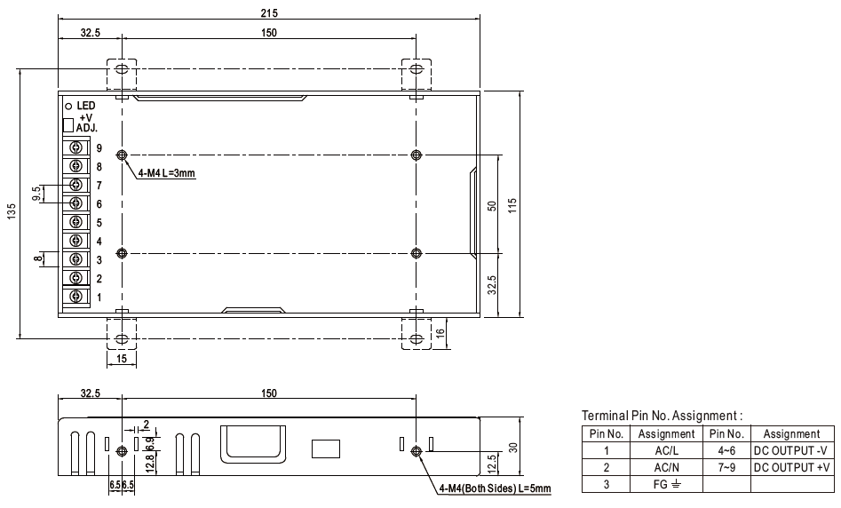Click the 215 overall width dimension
[x=269, y=12]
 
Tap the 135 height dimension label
[x=12, y=211]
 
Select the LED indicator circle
[x=68, y=107]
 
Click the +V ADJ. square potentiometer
[x=68, y=125]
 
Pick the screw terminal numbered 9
[x=75, y=147]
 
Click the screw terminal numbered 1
[x=75, y=296]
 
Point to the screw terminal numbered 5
[x=75, y=221]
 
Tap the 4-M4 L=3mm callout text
[x=166, y=172]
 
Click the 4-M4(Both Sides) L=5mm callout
[x=495, y=488]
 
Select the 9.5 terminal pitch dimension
[x=36, y=194]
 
